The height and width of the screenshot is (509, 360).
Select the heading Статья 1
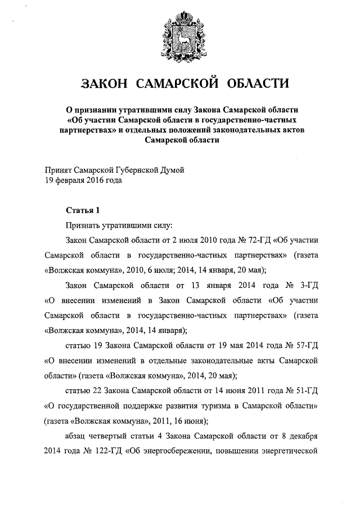[x=83, y=210]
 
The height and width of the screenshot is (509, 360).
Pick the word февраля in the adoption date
[x=73, y=181]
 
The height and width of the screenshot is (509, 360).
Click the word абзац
[x=77, y=435]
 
